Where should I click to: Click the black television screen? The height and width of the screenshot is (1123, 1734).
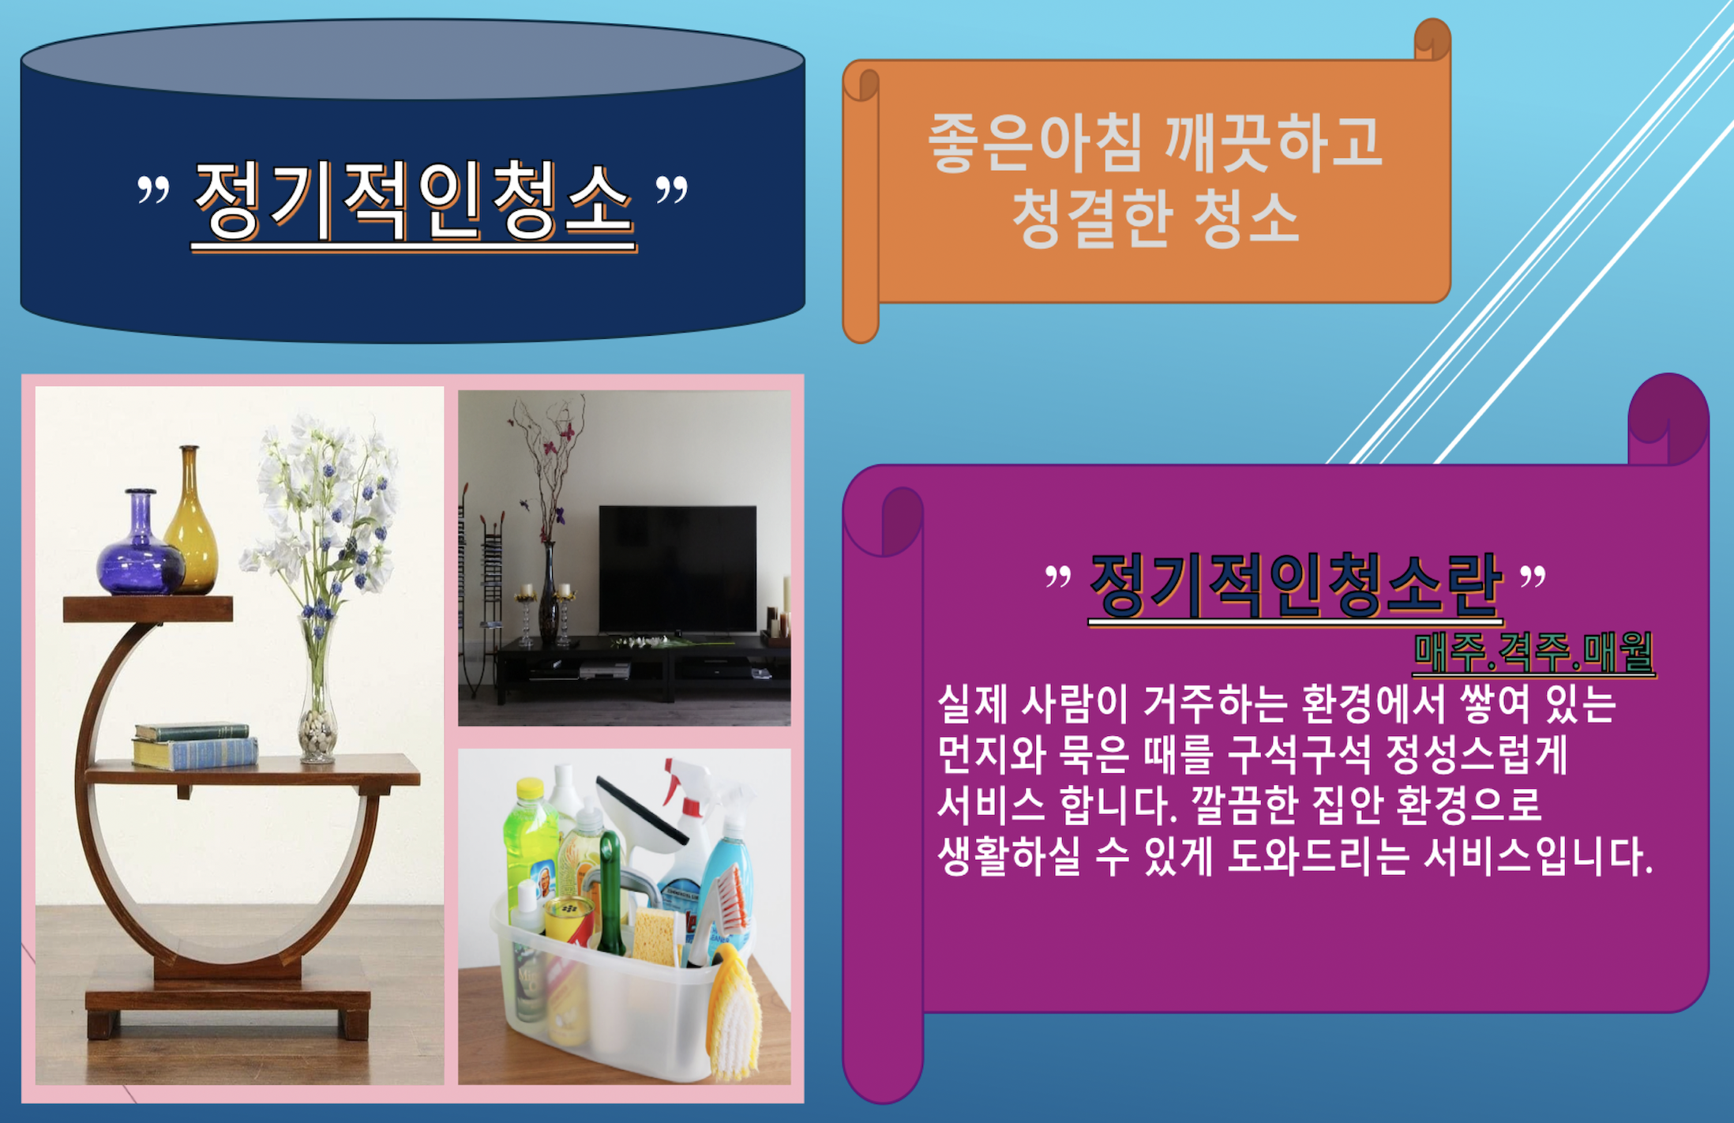677,569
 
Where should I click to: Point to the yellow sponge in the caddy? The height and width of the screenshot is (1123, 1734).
655,937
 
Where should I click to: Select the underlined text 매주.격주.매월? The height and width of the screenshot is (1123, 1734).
1533,653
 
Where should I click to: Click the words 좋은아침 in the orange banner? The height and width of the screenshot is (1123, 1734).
1035,143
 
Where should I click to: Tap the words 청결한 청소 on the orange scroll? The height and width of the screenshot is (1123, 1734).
1155,218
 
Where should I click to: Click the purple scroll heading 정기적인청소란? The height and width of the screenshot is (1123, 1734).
1296,585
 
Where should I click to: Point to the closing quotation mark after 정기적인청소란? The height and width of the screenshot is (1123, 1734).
1533,576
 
